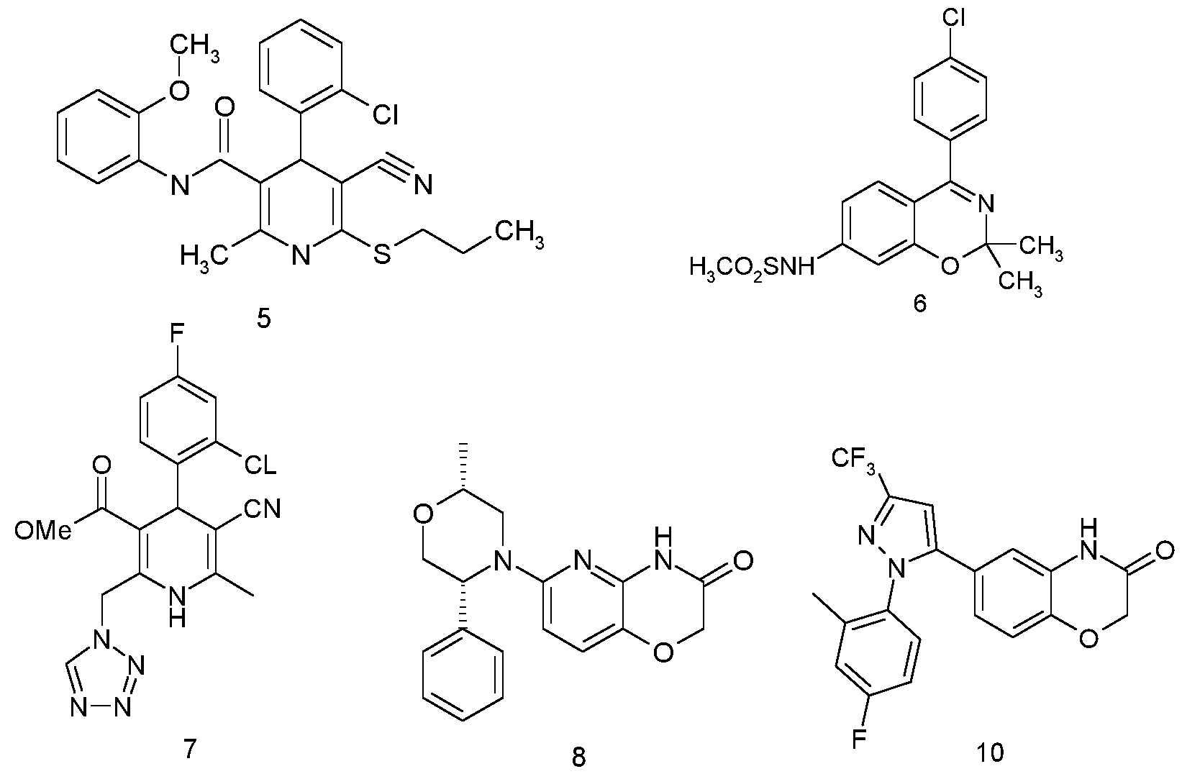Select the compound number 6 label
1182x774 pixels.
click(920, 304)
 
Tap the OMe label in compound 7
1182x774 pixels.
click(42, 530)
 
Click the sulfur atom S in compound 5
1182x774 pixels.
click(381, 254)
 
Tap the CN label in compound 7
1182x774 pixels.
click(262, 510)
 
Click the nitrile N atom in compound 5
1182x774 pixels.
click(422, 186)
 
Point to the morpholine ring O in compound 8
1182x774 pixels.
click(424, 515)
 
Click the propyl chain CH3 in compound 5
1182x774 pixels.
click(517, 233)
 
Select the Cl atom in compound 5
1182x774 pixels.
click(385, 114)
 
